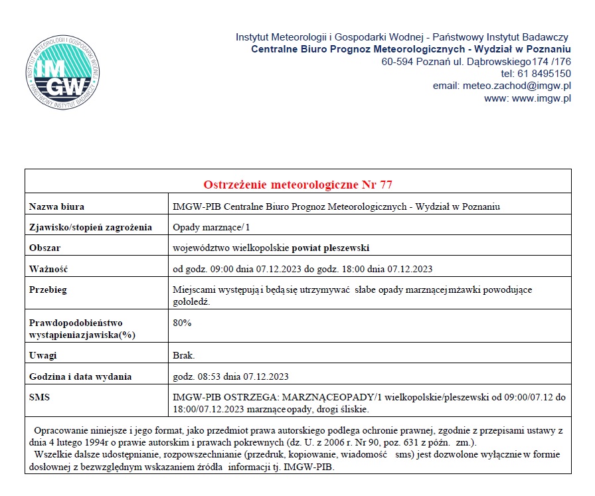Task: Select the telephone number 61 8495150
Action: tap(545, 74)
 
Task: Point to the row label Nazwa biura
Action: tap(57, 207)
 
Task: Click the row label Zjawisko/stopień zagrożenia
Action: tap(90, 227)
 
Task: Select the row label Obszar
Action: tap(45, 248)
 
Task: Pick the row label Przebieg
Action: tap(48, 290)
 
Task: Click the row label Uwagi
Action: tap(43, 355)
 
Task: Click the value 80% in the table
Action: tap(182, 323)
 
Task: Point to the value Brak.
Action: tap(184, 355)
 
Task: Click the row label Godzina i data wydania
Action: tap(80, 376)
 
